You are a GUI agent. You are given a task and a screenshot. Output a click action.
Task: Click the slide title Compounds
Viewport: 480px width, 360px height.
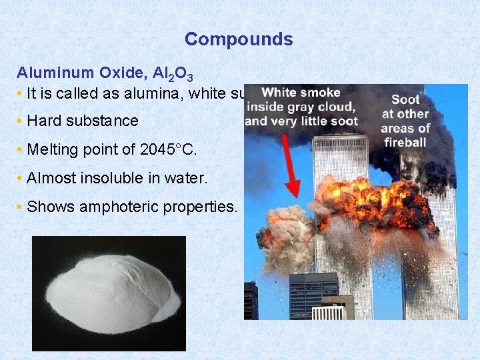pos(239,39)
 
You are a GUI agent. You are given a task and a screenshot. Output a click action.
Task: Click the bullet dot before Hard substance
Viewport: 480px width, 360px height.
pos(20,121)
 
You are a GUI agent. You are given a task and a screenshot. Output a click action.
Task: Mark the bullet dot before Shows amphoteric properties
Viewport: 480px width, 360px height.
pos(20,207)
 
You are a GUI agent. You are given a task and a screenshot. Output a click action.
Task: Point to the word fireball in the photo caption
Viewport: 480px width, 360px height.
pos(405,142)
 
